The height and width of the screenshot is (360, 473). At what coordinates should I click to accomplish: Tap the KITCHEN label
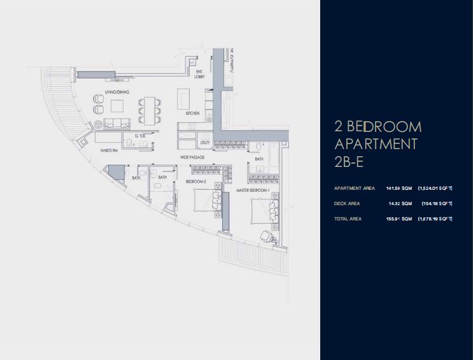(193, 113)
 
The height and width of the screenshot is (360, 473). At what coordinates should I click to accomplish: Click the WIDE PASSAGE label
(192, 157)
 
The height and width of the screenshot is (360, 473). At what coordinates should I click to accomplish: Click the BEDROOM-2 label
(195, 182)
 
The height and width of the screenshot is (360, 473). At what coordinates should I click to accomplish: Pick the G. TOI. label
(141, 136)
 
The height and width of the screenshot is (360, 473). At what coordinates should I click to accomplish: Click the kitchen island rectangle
(183, 97)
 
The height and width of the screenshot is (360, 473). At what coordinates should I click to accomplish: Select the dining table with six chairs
(148, 110)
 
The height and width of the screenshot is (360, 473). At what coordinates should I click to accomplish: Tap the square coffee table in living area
(116, 109)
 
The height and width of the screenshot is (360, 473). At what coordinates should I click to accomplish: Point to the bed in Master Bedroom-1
(261, 209)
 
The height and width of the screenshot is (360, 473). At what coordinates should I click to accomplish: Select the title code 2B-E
(348, 162)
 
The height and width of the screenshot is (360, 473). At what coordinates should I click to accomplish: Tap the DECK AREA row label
(347, 204)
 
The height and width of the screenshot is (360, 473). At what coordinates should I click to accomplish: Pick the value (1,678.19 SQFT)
(435, 219)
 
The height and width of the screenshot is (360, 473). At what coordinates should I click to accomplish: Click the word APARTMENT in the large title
(376, 143)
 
